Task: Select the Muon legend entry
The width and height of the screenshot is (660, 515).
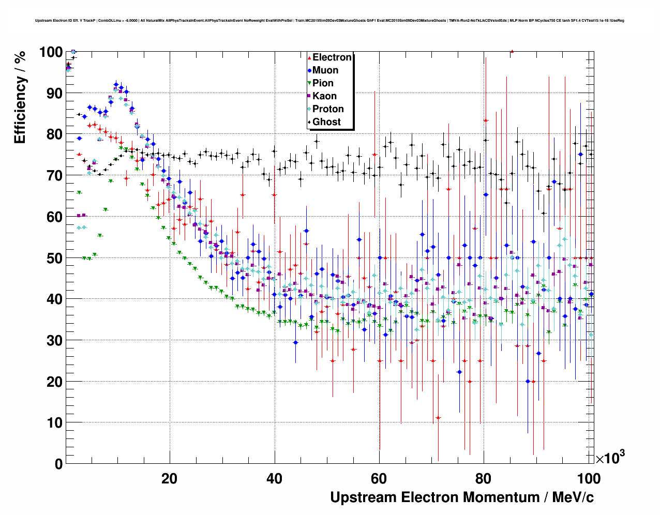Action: click(325, 70)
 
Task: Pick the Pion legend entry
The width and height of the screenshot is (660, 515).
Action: click(323, 83)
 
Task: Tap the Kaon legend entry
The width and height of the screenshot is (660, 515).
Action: click(324, 96)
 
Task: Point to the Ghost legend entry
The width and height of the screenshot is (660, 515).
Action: click(326, 122)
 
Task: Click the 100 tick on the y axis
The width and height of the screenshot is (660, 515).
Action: click(51, 52)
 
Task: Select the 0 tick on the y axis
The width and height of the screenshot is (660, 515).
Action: click(58, 464)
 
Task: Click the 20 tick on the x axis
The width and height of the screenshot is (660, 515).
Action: click(169, 478)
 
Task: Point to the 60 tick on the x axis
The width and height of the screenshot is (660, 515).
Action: click(379, 478)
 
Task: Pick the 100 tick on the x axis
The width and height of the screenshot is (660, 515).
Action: click(589, 478)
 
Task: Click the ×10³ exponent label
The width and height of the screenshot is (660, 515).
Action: click(610, 458)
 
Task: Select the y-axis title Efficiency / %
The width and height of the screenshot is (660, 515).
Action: click(20, 97)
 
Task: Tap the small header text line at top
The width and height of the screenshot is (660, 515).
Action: click(329, 21)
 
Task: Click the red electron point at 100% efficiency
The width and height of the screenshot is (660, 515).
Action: click(512, 51)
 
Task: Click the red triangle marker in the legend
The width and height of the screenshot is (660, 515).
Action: click(309, 57)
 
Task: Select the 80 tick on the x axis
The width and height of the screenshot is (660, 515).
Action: click(484, 478)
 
